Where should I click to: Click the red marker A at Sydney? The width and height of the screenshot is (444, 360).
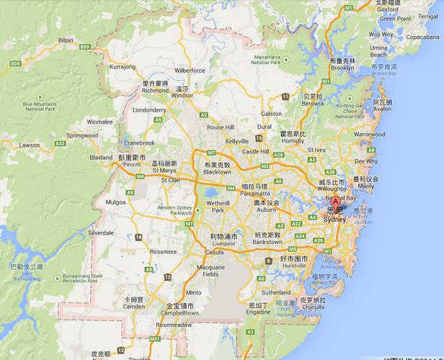pyautogui.click(x=335, y=203)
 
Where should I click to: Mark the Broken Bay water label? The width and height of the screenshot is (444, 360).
pyautogui.click(x=382, y=73)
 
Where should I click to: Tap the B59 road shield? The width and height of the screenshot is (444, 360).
pyautogui.click(x=86, y=46)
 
